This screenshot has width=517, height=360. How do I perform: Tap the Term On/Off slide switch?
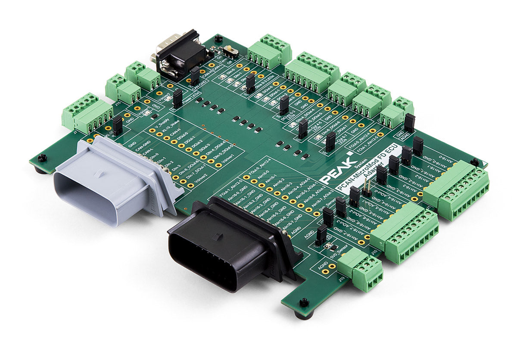pyautogui.click(x=233, y=52)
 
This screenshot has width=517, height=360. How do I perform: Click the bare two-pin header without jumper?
pyautogui.click(x=367, y=186)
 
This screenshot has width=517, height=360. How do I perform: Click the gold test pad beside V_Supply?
pyautogui.click(x=152, y=129)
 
